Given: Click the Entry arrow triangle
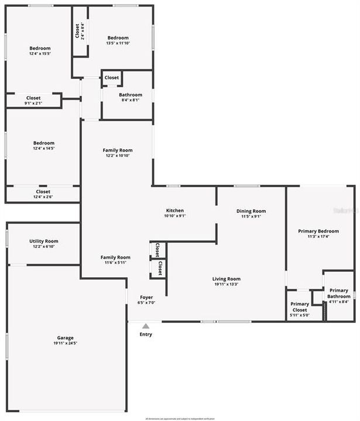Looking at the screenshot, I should (x=146, y=326).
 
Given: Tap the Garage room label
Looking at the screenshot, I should (x=65, y=337).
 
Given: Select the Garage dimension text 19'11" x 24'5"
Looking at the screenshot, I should (x=65, y=343).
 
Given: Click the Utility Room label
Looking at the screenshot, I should (x=44, y=241).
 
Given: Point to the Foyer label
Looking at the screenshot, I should (x=146, y=297).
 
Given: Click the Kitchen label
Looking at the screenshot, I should (x=175, y=210).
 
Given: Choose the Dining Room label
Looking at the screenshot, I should (x=251, y=211).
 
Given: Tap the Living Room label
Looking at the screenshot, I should (x=227, y=279).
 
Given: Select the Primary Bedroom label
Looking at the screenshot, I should (x=318, y=231).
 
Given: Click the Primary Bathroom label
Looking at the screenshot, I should (x=338, y=294).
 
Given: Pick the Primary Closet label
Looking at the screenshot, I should (x=300, y=307).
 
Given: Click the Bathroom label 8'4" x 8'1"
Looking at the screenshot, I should (x=131, y=95).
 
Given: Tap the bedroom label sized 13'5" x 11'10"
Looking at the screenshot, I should (x=118, y=38).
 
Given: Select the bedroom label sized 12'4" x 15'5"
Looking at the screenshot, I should (x=40, y=48).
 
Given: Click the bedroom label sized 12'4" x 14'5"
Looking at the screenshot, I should (x=44, y=143).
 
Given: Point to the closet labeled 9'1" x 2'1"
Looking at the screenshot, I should (x=33, y=98).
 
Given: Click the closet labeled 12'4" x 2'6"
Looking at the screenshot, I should (x=43, y=192).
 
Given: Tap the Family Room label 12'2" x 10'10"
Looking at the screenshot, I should (x=118, y=150).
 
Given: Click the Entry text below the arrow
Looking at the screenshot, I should (x=146, y=334).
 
